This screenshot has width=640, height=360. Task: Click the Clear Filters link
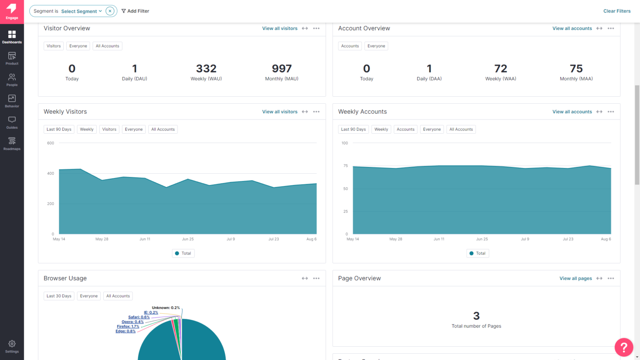(x=617, y=11)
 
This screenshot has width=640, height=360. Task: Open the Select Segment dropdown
(x=81, y=11)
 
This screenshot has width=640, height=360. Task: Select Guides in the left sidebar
(x=12, y=122)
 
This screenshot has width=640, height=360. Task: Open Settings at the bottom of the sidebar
(x=12, y=346)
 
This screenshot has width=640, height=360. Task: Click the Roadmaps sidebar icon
(x=12, y=144)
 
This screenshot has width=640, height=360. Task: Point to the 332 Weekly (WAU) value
(x=206, y=69)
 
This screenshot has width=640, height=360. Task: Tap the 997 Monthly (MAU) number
(x=282, y=69)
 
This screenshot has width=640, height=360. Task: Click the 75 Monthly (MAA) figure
(x=576, y=69)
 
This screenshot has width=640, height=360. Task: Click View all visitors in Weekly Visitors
(x=280, y=112)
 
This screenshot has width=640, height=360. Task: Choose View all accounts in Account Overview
(x=572, y=28)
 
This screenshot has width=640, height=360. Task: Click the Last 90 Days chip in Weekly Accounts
(x=353, y=129)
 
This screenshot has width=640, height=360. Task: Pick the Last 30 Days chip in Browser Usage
(x=59, y=296)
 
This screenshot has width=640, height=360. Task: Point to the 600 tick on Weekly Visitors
(x=50, y=143)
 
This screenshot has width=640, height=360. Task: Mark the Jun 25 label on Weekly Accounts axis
(x=482, y=239)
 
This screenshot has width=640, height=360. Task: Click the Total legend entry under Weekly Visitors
(x=183, y=253)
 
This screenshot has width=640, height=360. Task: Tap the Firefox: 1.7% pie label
(x=128, y=327)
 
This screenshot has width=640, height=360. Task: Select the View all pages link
(x=575, y=278)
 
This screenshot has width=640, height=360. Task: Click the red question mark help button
(x=624, y=347)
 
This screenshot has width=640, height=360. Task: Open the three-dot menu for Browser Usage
(x=316, y=278)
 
